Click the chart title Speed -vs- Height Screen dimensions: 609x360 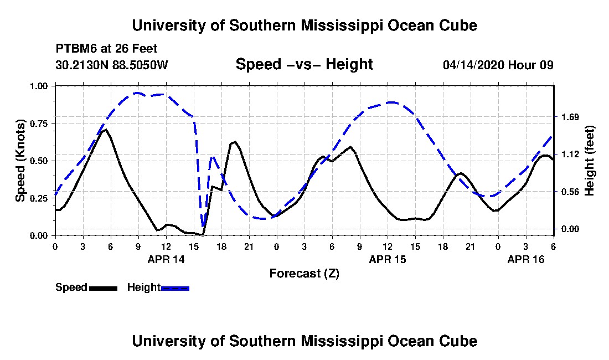tap(304, 64)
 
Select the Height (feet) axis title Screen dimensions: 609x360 tap(589, 161)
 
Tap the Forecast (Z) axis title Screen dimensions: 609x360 tap(304, 274)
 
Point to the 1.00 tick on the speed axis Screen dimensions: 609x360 tap(39, 86)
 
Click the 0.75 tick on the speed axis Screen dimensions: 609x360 tap(39, 124)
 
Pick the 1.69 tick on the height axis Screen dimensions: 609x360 tap(570, 117)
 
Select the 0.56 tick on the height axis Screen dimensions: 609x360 tap(570, 192)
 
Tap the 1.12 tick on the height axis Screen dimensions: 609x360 tap(570, 155)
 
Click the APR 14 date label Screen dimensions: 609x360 tap(166, 259)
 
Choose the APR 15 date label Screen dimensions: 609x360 tap(388, 259)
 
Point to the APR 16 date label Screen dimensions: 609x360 tap(526, 259)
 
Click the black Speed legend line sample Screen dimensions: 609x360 tap(103, 288)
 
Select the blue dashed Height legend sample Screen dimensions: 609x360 tap(175, 288)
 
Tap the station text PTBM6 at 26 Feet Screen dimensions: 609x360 tap(106, 49)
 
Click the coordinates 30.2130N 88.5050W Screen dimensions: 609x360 tap(112, 65)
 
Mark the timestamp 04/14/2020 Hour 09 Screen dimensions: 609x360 tap(498, 65)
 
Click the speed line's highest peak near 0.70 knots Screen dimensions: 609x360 tap(105, 129)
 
